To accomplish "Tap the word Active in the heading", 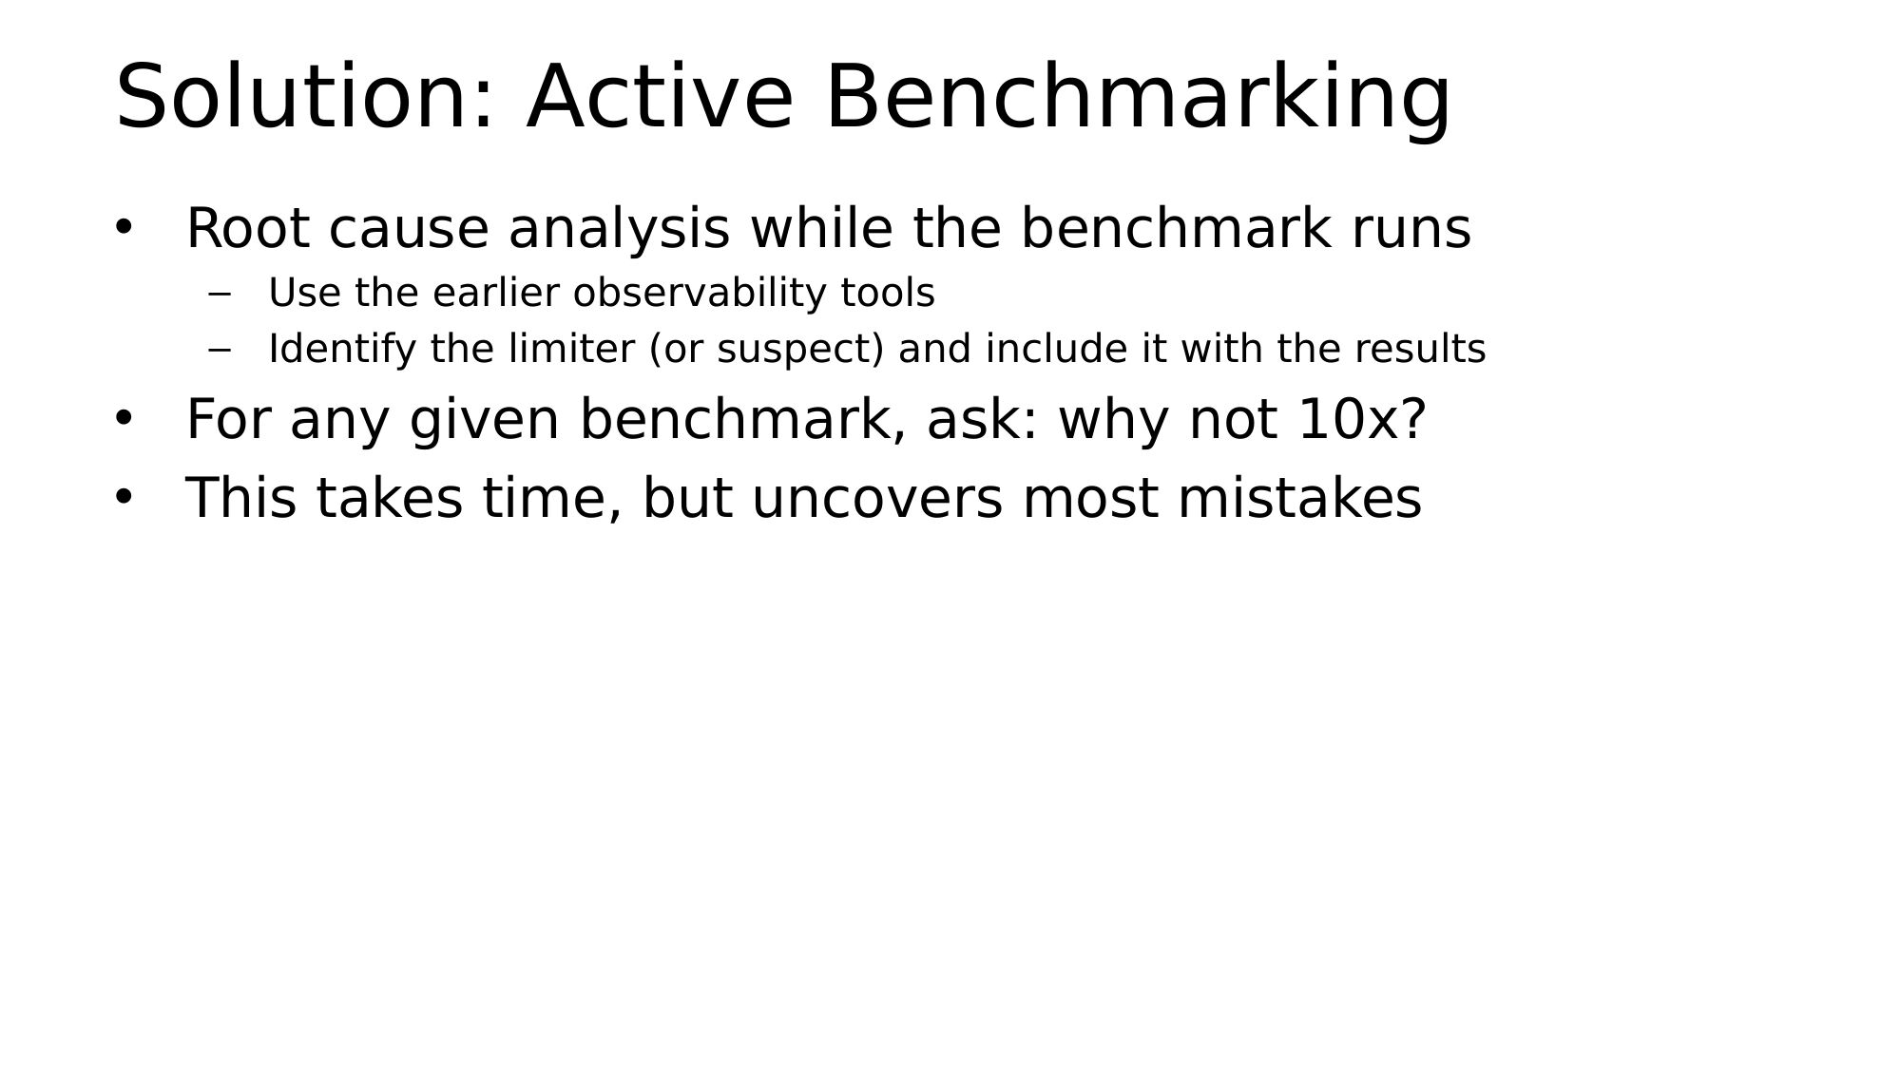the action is [x=660, y=96].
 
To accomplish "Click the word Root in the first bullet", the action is [x=247, y=229].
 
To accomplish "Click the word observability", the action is [x=700, y=293].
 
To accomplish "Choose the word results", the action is [x=1419, y=349].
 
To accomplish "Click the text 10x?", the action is [x=1361, y=419].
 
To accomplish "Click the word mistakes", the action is [x=1299, y=498].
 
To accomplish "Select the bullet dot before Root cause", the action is [x=124, y=228].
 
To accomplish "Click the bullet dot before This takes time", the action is [x=124, y=497].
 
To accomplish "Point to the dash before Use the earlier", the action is [x=220, y=295].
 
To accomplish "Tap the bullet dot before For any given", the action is [x=124, y=418].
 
